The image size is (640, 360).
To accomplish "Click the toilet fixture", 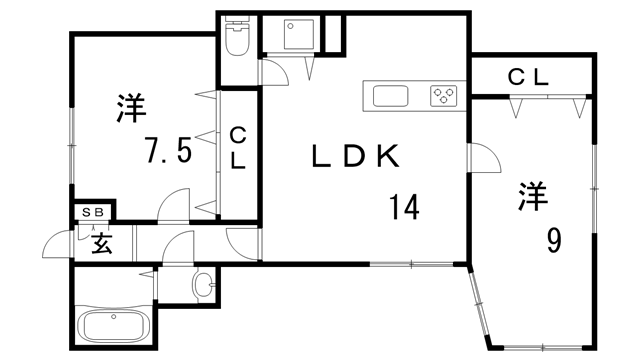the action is click(x=237, y=36).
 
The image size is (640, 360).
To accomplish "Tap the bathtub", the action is click(x=114, y=326).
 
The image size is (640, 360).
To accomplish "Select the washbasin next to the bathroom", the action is click(x=202, y=283).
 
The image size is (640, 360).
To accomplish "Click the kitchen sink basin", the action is click(x=390, y=96).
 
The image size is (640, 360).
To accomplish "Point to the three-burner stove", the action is click(x=443, y=96).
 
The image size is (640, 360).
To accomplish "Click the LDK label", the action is click(x=355, y=156).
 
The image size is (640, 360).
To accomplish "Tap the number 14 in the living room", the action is click(x=404, y=207).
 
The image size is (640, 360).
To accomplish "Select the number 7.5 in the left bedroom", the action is click(x=169, y=150).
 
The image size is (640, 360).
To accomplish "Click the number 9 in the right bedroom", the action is click(x=553, y=240).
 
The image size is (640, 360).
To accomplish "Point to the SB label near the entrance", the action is click(x=93, y=212).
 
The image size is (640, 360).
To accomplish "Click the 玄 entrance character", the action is click(x=102, y=244).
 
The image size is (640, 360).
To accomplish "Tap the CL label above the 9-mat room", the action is click(x=528, y=77).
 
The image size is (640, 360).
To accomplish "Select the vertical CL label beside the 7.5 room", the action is click(x=238, y=148).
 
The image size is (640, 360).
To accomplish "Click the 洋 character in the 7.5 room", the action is click(x=131, y=108).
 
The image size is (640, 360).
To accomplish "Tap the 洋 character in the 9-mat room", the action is click(x=533, y=196).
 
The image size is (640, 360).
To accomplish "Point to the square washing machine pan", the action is click(x=300, y=34).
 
